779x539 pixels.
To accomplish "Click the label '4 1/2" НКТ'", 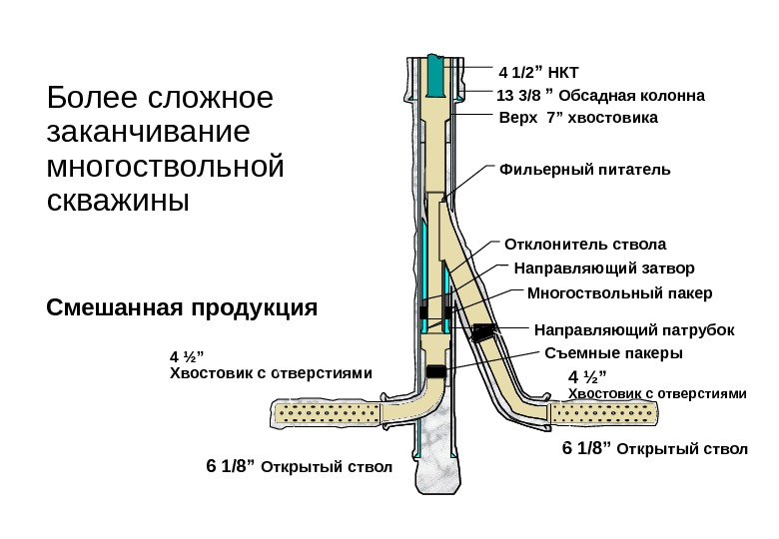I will (x=538, y=72).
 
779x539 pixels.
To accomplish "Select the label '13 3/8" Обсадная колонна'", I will (x=600, y=97).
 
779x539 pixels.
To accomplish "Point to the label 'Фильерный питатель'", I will (x=584, y=169).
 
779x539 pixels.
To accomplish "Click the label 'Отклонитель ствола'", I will (x=584, y=244).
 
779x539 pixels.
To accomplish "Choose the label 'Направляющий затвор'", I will (x=603, y=269).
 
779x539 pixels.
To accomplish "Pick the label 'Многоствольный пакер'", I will (x=619, y=293).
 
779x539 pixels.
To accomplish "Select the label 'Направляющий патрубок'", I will (x=634, y=329).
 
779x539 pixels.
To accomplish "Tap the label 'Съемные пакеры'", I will (x=613, y=353).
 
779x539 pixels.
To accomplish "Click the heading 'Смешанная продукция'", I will (x=183, y=306).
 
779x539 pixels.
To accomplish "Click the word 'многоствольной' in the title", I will (x=166, y=165).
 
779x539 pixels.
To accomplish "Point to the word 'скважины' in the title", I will (x=118, y=199).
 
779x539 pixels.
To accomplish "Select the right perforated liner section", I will (x=607, y=411).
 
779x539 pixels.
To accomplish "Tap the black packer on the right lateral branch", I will (x=485, y=331).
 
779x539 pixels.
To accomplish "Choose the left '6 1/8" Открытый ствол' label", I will (x=299, y=466).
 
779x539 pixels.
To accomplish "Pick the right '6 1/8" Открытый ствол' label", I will (x=654, y=448).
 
